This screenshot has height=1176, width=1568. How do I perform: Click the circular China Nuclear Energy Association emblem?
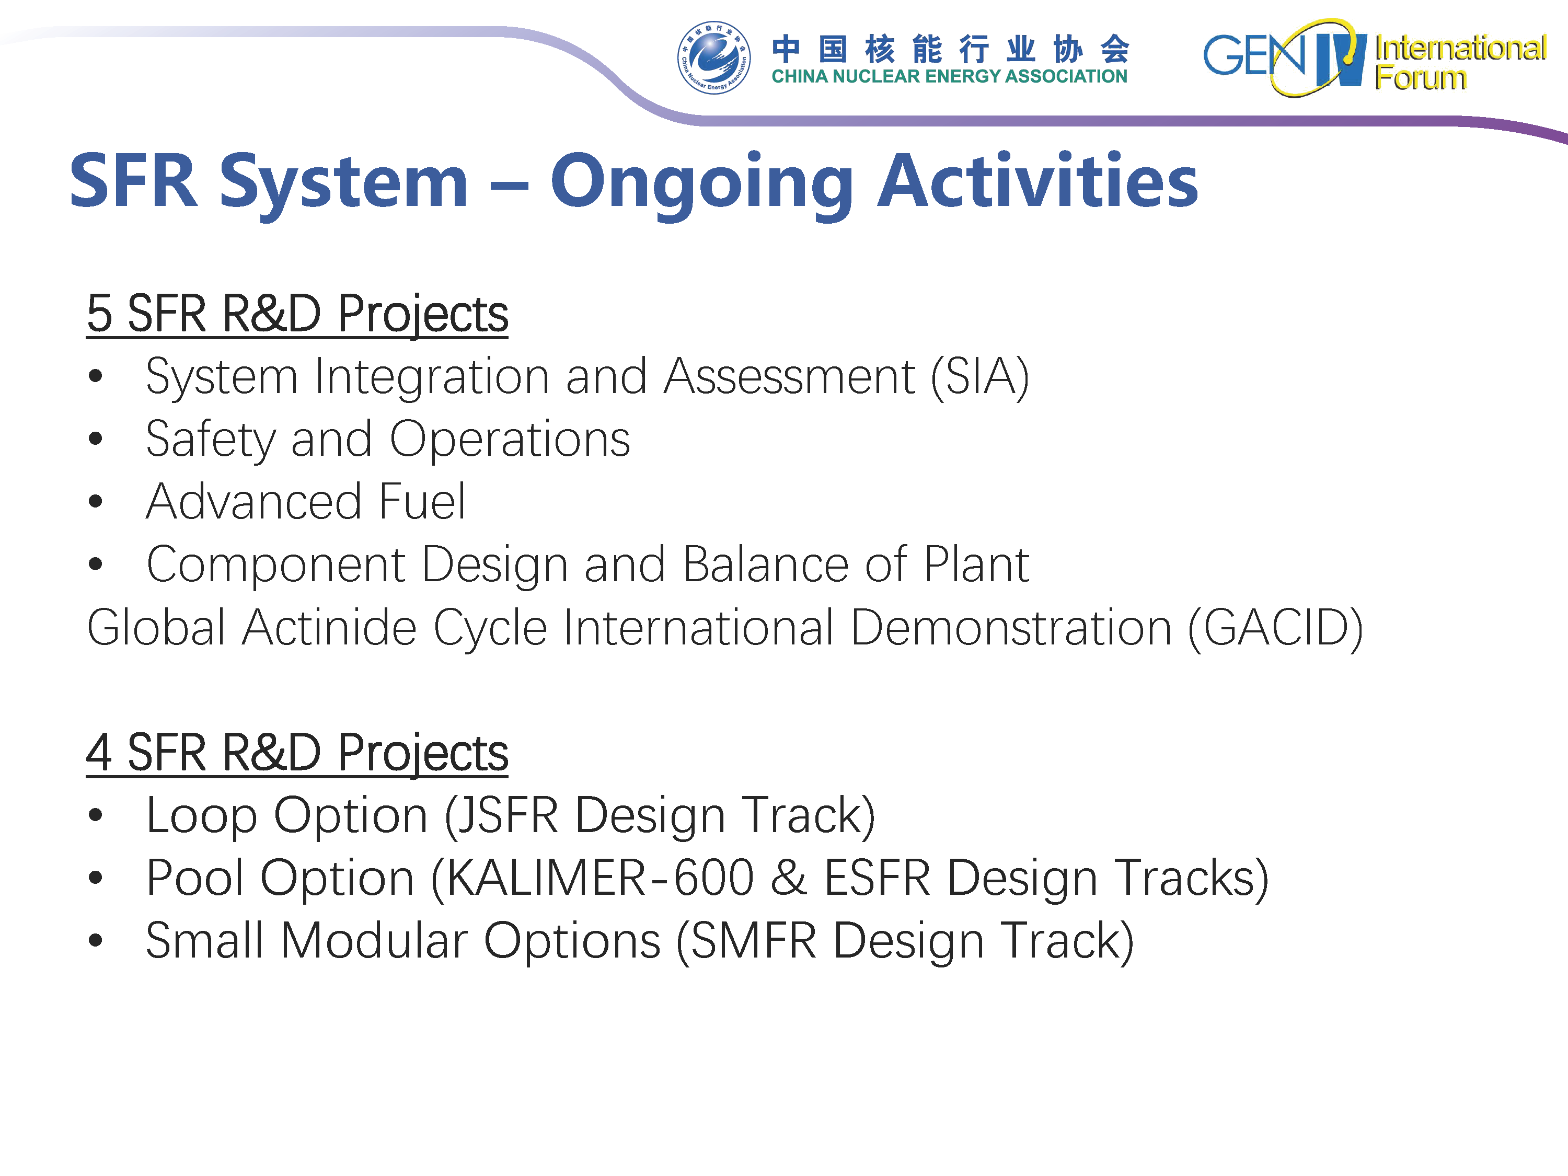point(714,57)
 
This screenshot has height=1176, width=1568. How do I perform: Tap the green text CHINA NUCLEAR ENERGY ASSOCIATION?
point(949,76)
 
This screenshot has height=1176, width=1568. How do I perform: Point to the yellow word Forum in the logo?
point(1421,77)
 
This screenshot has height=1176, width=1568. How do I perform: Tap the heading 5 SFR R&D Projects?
point(297,314)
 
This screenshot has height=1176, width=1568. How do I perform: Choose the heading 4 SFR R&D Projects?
point(297,753)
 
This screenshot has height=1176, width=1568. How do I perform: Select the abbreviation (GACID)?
point(1275,628)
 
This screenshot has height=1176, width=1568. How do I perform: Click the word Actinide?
point(329,628)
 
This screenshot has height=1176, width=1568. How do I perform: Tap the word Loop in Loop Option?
point(201,816)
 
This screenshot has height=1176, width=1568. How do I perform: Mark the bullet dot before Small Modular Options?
point(96,941)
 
